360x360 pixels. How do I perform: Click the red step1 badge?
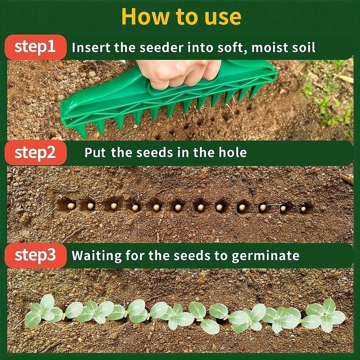pos(35,47)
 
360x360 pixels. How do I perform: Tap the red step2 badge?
pos(35,152)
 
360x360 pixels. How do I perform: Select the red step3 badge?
pos(35,256)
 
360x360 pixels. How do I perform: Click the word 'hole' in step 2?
pos(232,152)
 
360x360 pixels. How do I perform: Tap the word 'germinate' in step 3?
pos(265,256)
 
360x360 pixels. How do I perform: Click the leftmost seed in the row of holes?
pos(71,206)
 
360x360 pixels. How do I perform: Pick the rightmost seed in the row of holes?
pos(303,209)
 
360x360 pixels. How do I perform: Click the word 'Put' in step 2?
pos(95,152)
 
